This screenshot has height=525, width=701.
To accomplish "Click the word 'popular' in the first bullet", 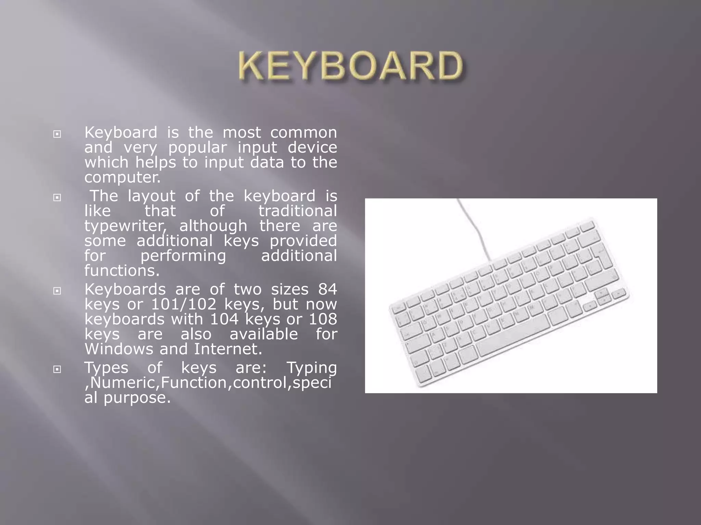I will point(197,148).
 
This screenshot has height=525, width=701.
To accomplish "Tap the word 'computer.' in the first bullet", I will point(123,177).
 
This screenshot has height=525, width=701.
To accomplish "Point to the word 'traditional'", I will point(297,211).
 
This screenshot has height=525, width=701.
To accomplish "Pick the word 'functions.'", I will point(122,271).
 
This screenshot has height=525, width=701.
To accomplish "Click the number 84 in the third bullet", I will point(327,290).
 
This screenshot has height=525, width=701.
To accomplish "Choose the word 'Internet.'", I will point(228,349).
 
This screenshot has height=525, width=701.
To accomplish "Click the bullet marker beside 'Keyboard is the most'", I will point(57,134).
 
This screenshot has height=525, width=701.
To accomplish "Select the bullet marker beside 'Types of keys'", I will point(57,369).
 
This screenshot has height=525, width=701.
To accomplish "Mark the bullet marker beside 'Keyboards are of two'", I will point(57,291).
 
